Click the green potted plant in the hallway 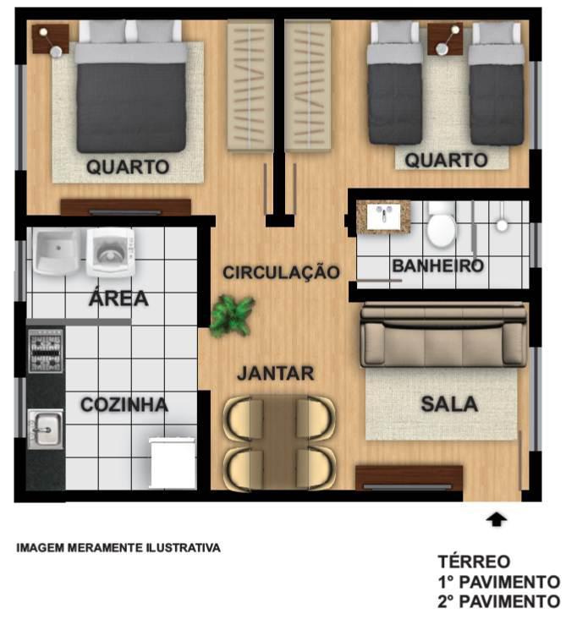[232, 315]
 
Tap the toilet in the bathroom [441, 225]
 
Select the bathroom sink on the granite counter [382, 216]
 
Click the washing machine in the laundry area [111, 252]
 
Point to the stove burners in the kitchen [46, 351]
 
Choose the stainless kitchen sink [45, 429]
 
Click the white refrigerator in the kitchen [173, 463]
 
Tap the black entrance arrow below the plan [497, 519]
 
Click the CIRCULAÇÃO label [281, 272]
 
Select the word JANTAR [275, 373]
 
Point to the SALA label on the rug [449, 404]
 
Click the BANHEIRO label [437, 266]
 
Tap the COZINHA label [124, 405]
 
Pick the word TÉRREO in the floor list [474, 561]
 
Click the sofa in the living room [444, 334]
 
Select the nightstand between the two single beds [445, 40]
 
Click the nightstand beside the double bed [51, 40]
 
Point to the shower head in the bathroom [502, 225]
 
